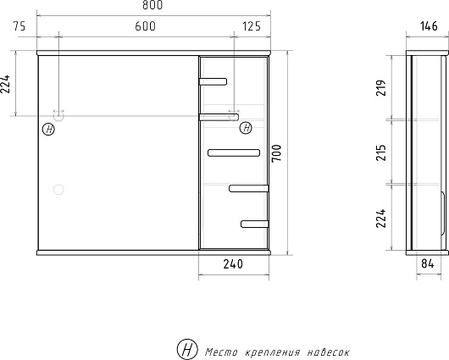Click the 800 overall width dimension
coord(152,5)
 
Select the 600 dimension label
coord(146,26)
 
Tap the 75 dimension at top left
coord(19,26)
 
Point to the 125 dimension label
coord(252,26)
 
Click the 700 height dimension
coord(277,153)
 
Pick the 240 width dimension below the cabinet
coord(233,264)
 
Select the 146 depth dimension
coord(429,26)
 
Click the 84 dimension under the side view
coord(428,263)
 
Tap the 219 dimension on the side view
coord(381,88)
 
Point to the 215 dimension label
coord(381,152)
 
